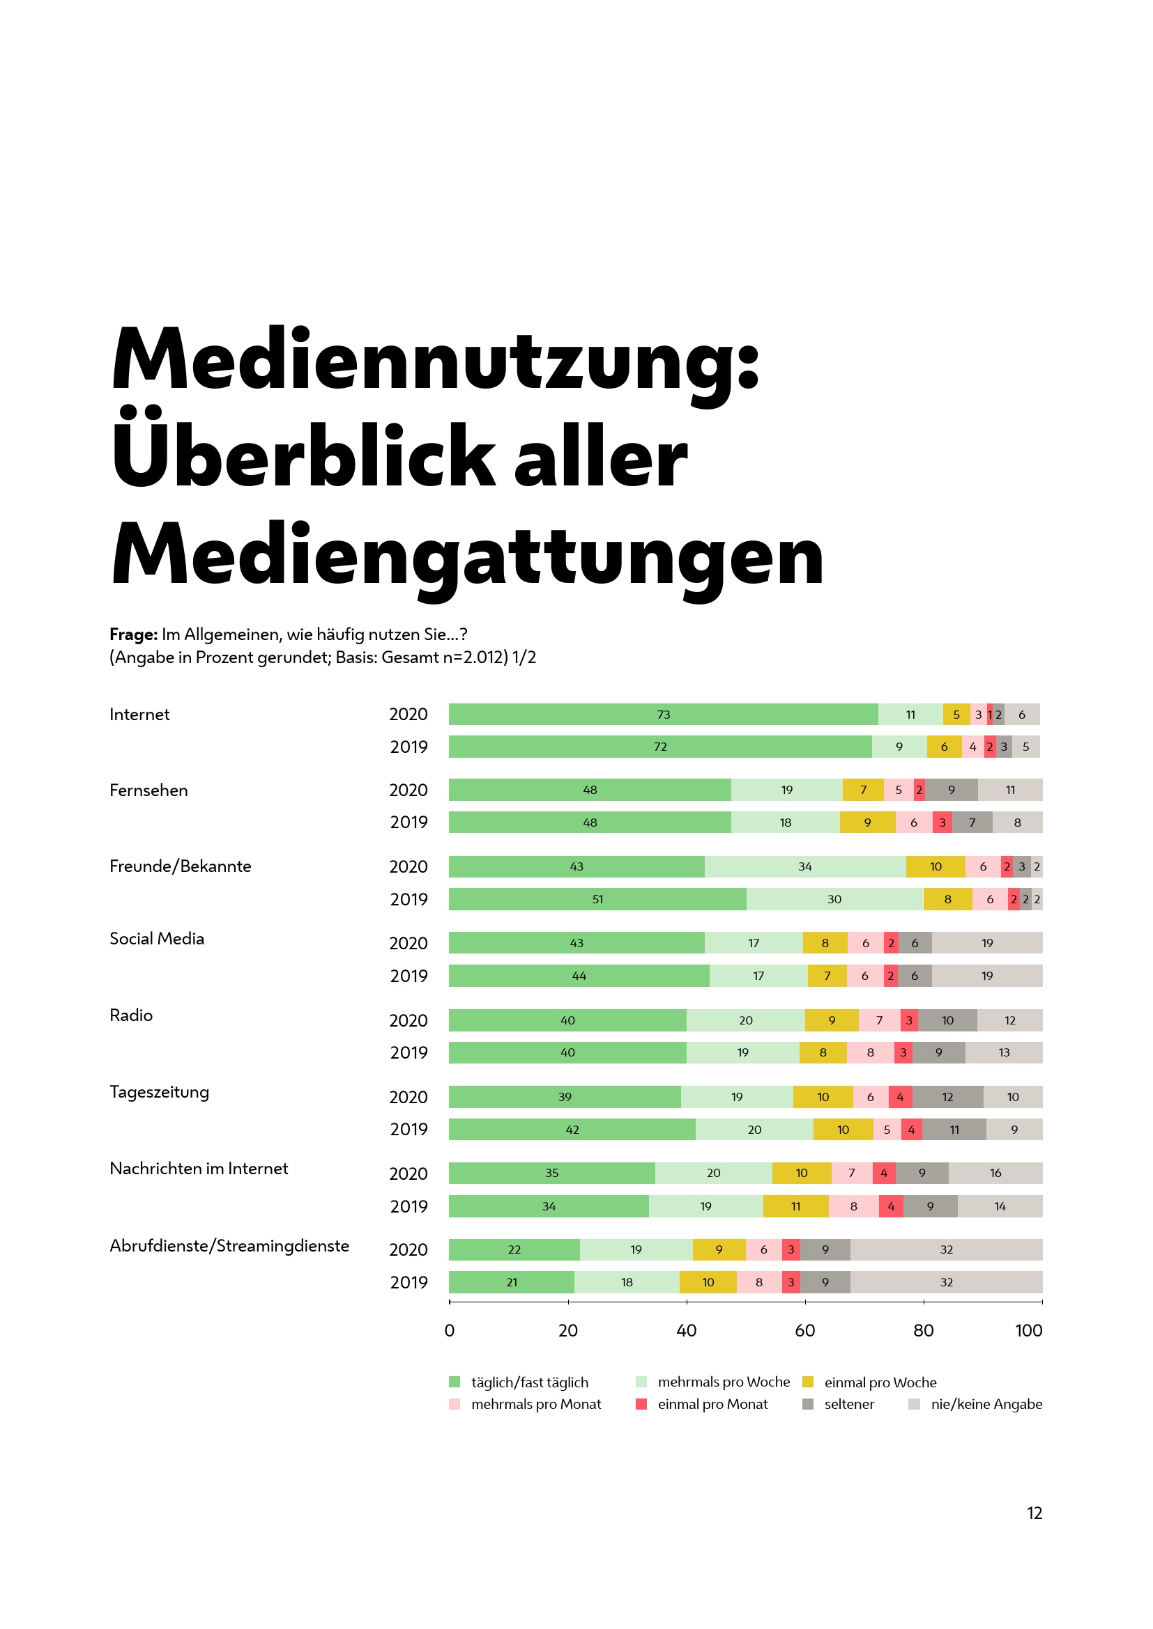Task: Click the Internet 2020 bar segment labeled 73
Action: click(662, 714)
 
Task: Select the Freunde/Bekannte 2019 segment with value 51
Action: click(597, 899)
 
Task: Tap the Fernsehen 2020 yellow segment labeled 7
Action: click(862, 790)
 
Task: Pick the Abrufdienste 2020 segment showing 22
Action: click(514, 1249)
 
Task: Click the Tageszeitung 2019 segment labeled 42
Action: click(572, 1130)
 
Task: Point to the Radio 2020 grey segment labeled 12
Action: click(1009, 1020)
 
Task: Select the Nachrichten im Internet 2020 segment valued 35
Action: click(551, 1173)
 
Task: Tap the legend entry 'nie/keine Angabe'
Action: click(986, 1404)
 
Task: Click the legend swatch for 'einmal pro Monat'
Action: click(641, 1404)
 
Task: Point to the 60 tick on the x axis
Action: click(804, 1330)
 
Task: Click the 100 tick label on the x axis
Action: click(1028, 1330)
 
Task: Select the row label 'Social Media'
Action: click(157, 939)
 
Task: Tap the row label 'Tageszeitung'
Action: click(159, 1092)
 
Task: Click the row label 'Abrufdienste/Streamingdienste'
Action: click(229, 1246)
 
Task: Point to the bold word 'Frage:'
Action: click(133, 634)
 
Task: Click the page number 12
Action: click(1034, 1513)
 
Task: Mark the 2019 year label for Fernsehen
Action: click(409, 823)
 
